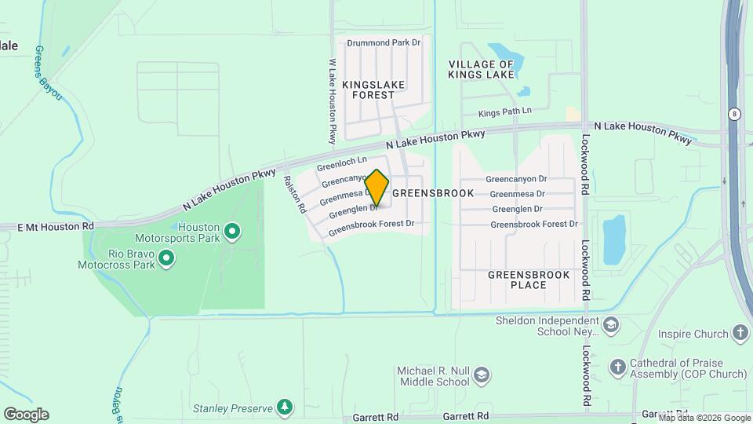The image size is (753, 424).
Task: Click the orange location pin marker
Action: pyautogui.click(x=376, y=188)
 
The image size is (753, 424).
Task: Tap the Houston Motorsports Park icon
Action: pyautogui.click(x=231, y=231)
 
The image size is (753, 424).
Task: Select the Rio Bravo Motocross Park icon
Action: pyautogui.click(x=166, y=258)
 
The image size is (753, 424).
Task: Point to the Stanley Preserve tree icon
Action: pyautogui.click(x=286, y=407)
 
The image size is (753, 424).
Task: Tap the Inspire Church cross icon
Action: pyautogui.click(x=740, y=334)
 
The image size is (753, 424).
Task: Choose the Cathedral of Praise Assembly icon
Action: pyautogui.click(x=618, y=367)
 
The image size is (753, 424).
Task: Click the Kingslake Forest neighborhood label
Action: pyautogui.click(x=369, y=89)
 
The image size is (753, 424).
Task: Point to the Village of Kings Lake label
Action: pyautogui.click(x=481, y=69)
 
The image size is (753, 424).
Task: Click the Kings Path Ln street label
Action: pyautogui.click(x=504, y=113)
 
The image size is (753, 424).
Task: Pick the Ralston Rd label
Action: pyautogui.click(x=294, y=195)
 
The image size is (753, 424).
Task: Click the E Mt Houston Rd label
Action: pyautogui.click(x=56, y=226)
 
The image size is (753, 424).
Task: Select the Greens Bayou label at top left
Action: pyautogui.click(x=48, y=73)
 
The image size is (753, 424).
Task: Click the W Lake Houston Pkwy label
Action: pyautogui.click(x=333, y=101)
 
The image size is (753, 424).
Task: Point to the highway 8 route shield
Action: pyautogui.click(x=733, y=113)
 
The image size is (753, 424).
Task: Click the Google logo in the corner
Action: pyautogui.click(x=26, y=414)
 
